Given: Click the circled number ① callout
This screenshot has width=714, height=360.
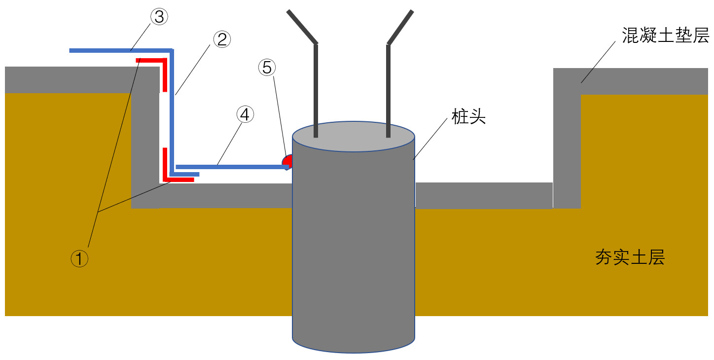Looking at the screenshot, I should tap(79, 258).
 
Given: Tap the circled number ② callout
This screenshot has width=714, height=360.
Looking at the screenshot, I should tap(221, 39).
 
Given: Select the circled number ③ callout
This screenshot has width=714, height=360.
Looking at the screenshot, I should tap(159, 17).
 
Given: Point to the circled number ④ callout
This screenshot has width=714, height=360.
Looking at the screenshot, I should tap(245, 115).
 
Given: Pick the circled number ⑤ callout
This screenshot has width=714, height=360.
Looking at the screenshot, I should tap(267, 68).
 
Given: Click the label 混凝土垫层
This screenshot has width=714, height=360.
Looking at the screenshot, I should tap(665, 36).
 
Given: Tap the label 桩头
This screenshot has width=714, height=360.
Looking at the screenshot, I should tap(468, 117).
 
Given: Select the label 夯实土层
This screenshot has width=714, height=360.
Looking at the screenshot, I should tap(630, 257).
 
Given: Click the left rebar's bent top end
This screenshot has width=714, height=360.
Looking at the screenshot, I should tap(302, 27).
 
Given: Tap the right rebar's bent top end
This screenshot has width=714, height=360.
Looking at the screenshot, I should tap(400, 27).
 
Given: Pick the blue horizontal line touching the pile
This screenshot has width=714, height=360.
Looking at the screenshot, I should tap(232, 167).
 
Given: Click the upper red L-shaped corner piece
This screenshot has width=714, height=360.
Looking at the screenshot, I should tap(158, 64).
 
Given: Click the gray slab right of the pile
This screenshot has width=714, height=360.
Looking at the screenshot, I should tap(483, 195).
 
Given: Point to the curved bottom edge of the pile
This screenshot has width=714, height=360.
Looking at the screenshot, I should tap(353, 352).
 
